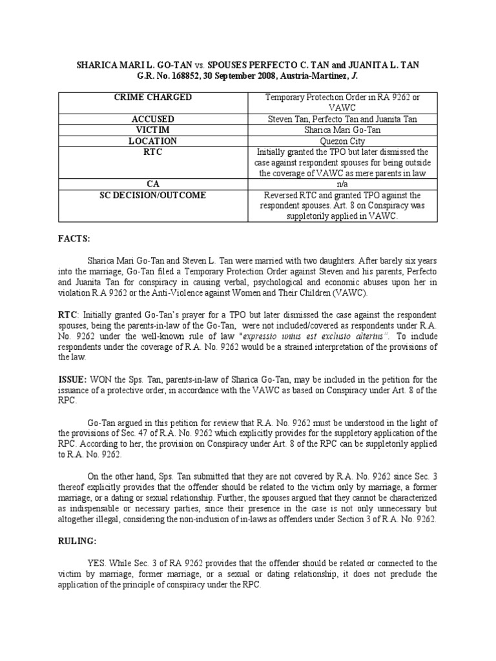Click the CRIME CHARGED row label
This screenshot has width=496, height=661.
[153, 97]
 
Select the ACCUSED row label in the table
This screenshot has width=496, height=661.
[153, 119]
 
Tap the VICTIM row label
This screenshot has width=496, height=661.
[153, 130]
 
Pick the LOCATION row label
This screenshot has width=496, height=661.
[153, 141]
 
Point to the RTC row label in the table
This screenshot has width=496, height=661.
[153, 152]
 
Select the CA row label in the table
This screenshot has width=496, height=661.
[153, 184]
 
